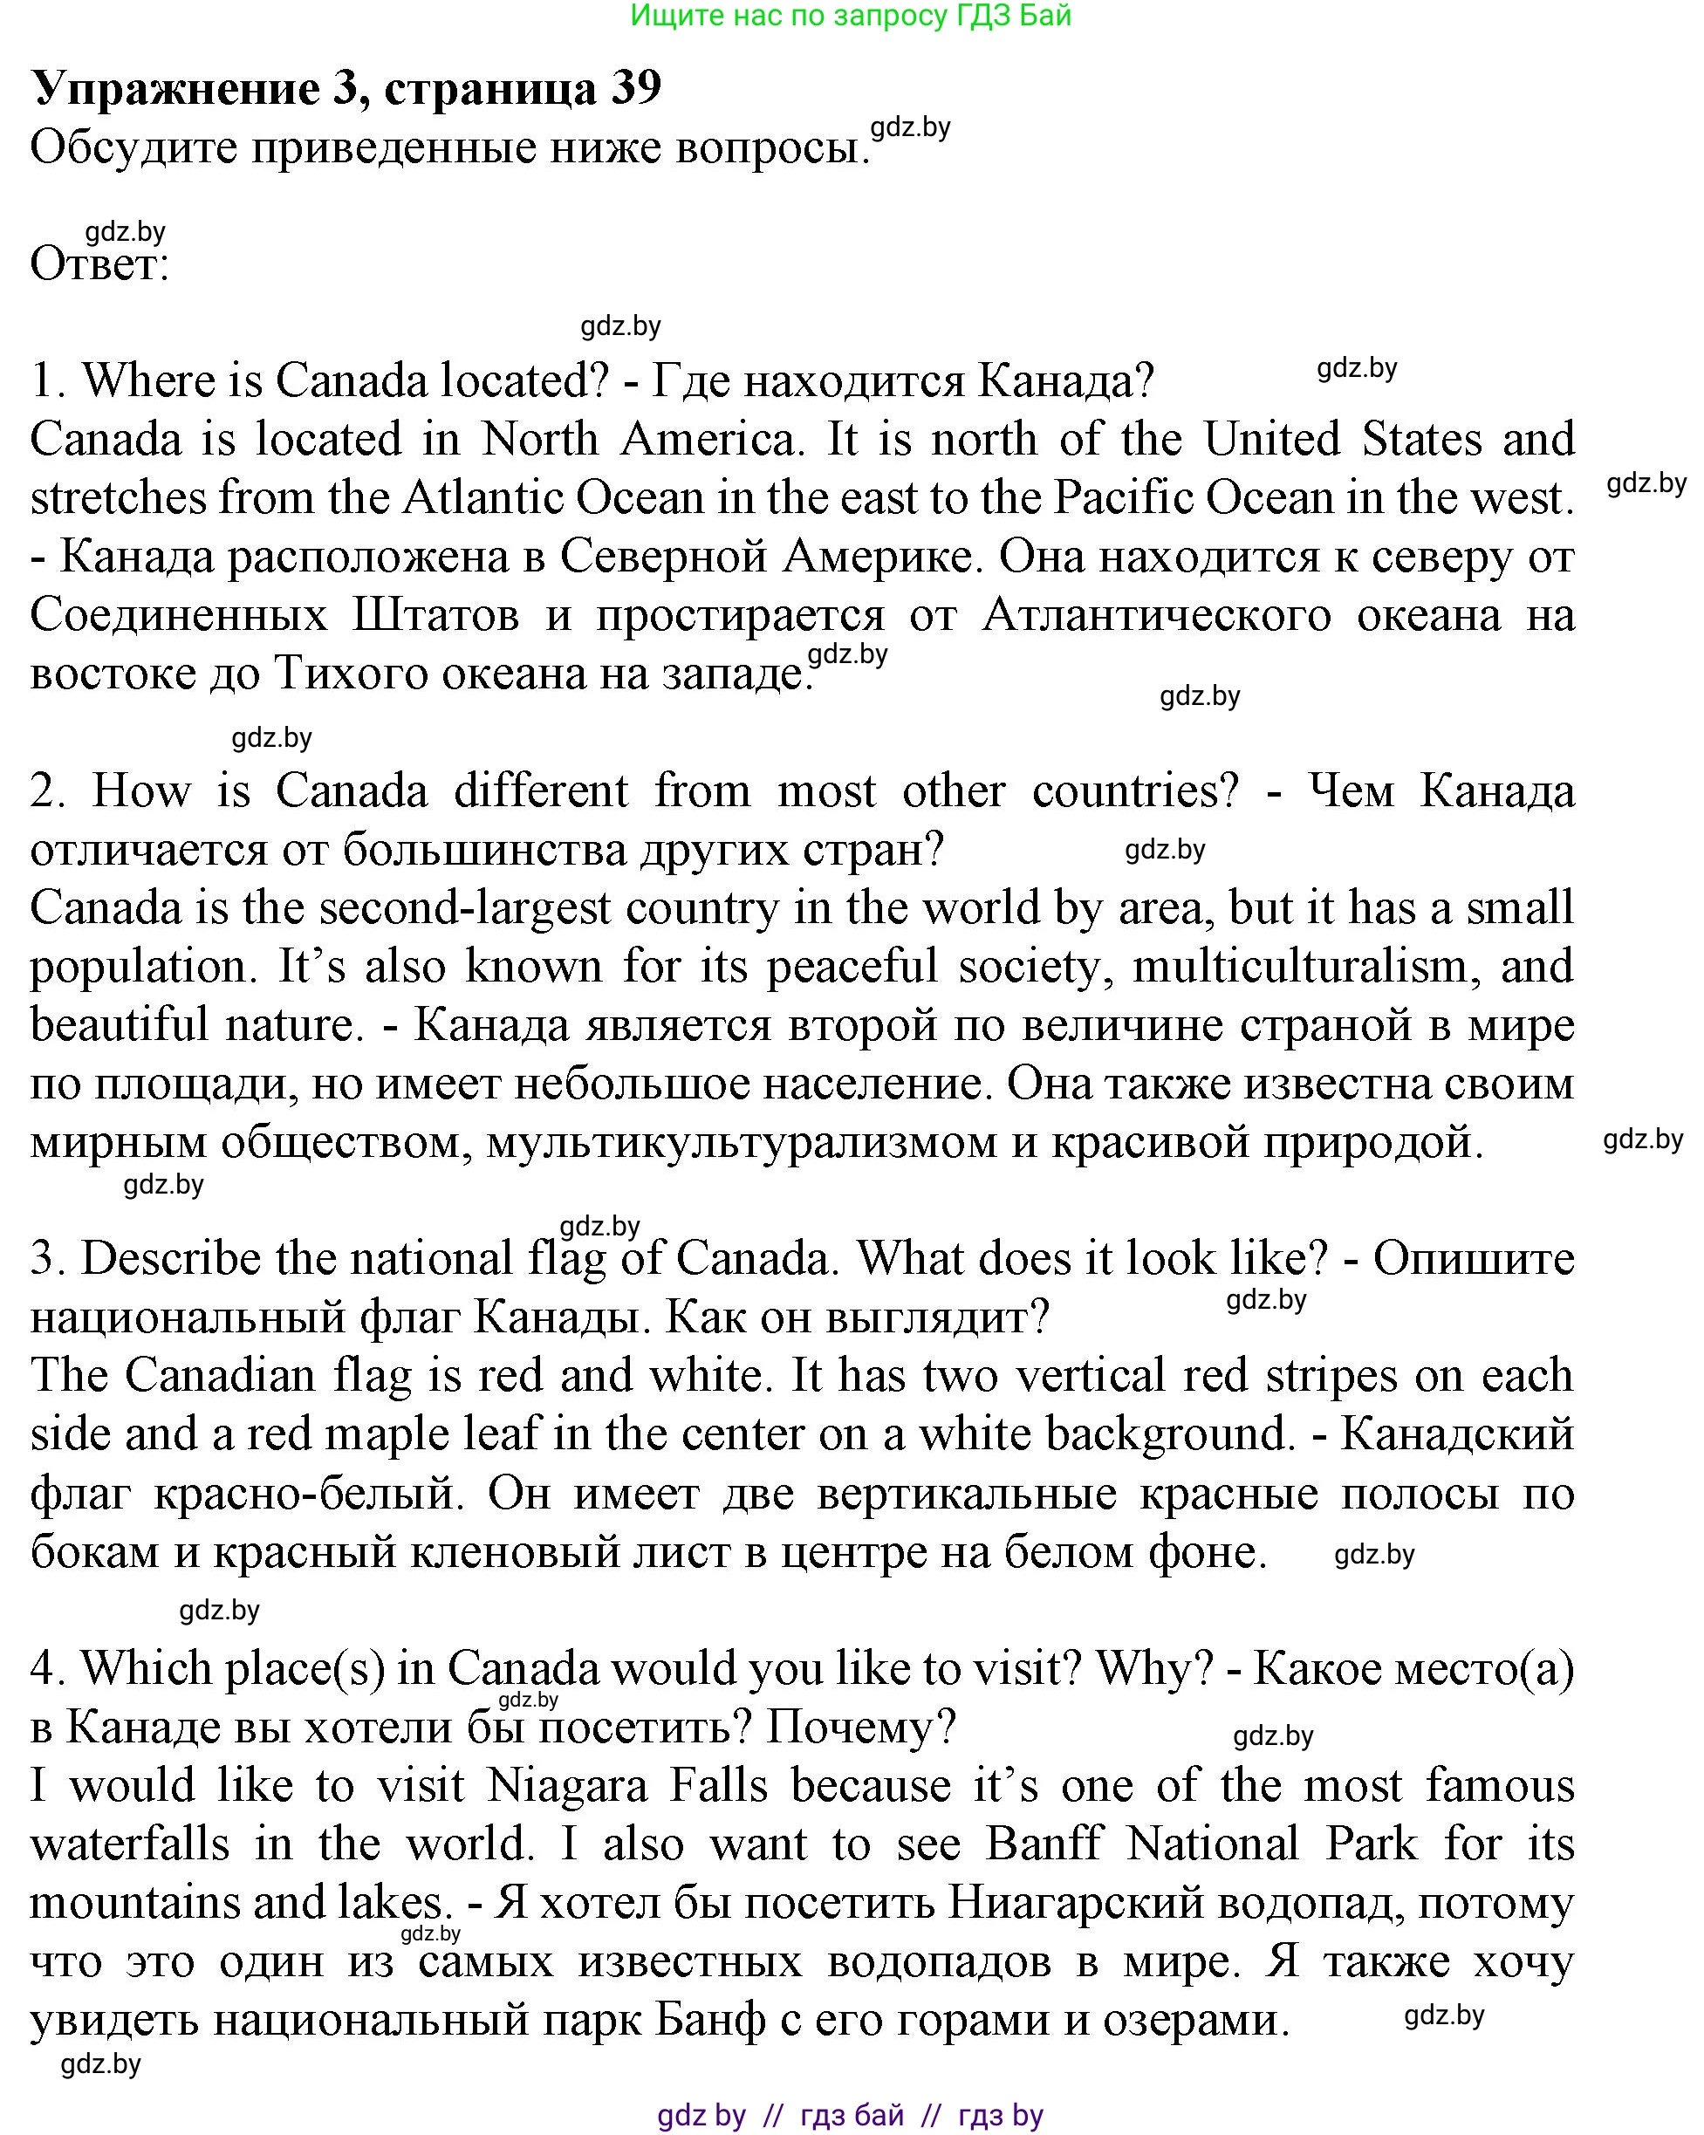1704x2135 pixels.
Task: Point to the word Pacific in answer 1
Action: (x=1122, y=498)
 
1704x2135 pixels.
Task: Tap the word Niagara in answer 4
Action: (x=571, y=1786)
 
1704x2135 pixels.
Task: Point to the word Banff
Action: (x=1044, y=1844)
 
